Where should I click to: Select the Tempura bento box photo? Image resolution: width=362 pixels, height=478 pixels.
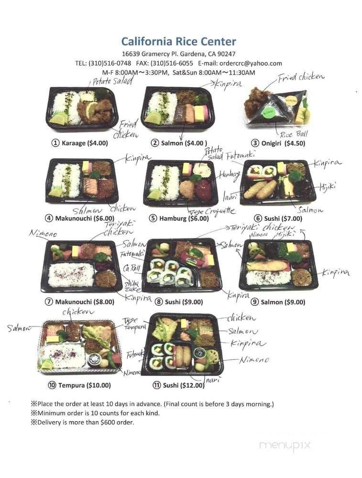(x=78, y=347)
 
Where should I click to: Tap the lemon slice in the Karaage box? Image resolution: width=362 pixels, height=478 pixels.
(x=59, y=119)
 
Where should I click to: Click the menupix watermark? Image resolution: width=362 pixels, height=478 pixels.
(x=285, y=445)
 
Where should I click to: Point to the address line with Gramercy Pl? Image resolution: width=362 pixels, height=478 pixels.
(x=178, y=54)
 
